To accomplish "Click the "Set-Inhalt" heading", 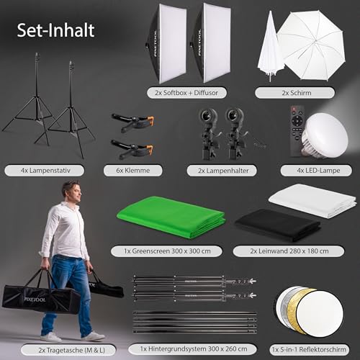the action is click(55, 30).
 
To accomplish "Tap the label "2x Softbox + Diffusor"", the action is click(186, 93).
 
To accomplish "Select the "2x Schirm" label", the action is click(297, 93).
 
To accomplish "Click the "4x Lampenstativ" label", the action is click(45, 171).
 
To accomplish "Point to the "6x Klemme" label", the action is click(133, 171).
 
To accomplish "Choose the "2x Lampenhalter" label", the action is click(223, 171).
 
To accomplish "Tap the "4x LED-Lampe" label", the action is click(318, 171).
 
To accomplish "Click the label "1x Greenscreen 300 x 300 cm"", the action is click(167, 251).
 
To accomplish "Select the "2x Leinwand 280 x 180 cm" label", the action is click(289, 251).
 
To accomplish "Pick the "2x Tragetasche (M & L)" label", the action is click(71, 350).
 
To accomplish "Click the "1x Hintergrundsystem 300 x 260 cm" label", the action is click(194, 348).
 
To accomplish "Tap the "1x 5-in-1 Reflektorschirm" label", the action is click(309, 349).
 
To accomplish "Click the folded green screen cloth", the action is click(171, 218).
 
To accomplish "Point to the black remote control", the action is click(297, 131).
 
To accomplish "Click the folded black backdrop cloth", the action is click(278, 225).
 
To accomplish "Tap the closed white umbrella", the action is click(270, 48).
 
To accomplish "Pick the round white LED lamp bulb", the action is click(325, 135).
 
